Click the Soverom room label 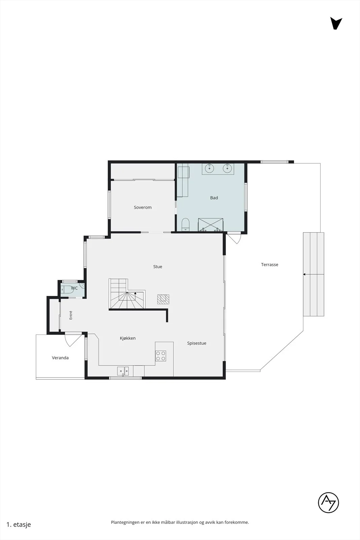click(x=143, y=207)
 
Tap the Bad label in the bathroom click(x=214, y=198)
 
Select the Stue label click(x=158, y=267)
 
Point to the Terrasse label click(x=270, y=265)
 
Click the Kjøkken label click(x=128, y=338)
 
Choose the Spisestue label click(x=197, y=343)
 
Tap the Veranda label click(x=60, y=358)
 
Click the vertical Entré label click(x=71, y=315)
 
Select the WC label click(x=74, y=288)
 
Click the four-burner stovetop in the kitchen click(x=161, y=356)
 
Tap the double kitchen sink click(x=123, y=371)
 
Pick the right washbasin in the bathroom click(x=227, y=168)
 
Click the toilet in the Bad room click(x=185, y=224)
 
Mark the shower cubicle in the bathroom click(x=210, y=225)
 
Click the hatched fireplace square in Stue click(x=163, y=299)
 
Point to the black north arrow click(x=336, y=23)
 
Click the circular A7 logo click(x=328, y=503)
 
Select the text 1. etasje click(x=19, y=524)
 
